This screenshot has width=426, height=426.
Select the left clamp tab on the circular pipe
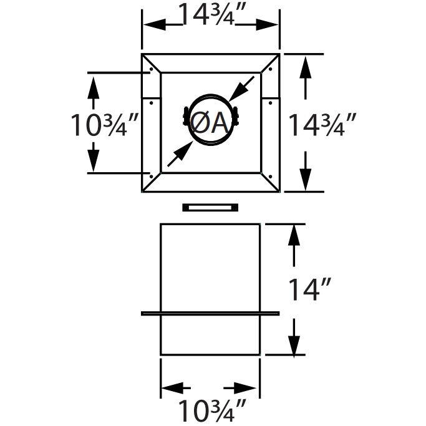(184, 117)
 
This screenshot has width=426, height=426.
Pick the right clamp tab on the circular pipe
(238, 117)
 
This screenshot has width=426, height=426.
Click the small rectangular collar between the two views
(210, 207)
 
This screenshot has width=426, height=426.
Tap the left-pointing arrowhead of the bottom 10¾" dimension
(170, 386)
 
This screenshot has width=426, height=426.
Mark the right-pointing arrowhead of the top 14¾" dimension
(270, 24)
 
